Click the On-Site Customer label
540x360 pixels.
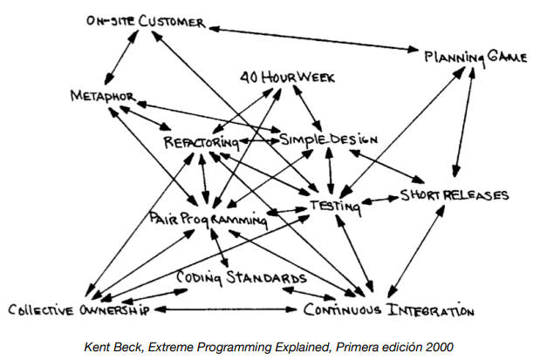click(146, 22)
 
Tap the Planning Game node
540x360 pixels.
click(475, 57)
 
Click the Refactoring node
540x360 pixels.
click(199, 141)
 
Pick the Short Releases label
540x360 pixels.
click(454, 194)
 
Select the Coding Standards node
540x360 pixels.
click(241, 278)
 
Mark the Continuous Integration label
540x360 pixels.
click(388, 309)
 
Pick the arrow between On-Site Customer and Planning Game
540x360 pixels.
click(314, 39)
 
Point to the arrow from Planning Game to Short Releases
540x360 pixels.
click(463, 122)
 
